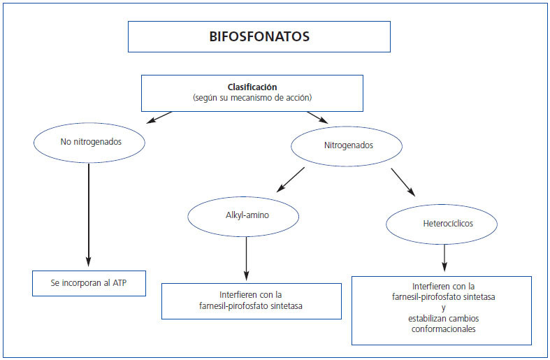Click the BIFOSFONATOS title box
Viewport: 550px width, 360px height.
click(x=259, y=36)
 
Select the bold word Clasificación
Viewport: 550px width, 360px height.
click(x=252, y=87)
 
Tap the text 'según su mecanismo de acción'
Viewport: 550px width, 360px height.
click(x=252, y=98)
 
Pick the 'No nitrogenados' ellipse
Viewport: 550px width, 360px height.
click(x=89, y=141)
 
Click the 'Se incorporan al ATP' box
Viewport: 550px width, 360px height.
click(x=89, y=283)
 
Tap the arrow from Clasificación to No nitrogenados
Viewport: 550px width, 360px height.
click(x=159, y=117)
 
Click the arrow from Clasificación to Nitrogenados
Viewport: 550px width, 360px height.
click(x=317, y=119)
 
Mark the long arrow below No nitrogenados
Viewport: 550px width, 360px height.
click(x=89, y=210)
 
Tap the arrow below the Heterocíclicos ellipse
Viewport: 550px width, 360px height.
click(x=444, y=257)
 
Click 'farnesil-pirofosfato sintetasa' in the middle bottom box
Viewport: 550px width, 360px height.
click(x=251, y=305)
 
